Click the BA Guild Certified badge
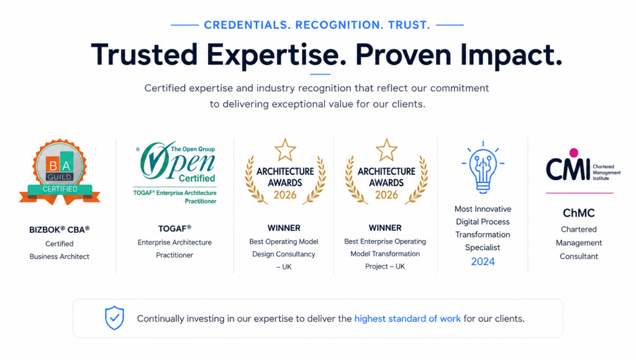(x=60, y=172)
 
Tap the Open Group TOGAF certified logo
(x=175, y=173)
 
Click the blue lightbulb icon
(x=483, y=167)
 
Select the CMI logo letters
(x=568, y=169)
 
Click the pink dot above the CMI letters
(x=573, y=153)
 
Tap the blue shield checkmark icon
(x=114, y=318)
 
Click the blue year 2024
(x=483, y=261)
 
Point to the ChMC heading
(x=579, y=213)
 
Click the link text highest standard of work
(x=407, y=318)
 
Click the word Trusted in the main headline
(x=144, y=55)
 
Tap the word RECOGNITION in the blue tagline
(x=339, y=25)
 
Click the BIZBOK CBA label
(x=60, y=230)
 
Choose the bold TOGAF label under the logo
(x=175, y=228)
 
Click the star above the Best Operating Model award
(x=285, y=150)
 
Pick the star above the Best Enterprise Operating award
(x=386, y=150)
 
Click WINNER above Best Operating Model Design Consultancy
(x=284, y=228)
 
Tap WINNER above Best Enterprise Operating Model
(x=385, y=228)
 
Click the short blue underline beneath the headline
(x=320, y=74)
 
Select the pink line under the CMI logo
(x=579, y=193)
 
